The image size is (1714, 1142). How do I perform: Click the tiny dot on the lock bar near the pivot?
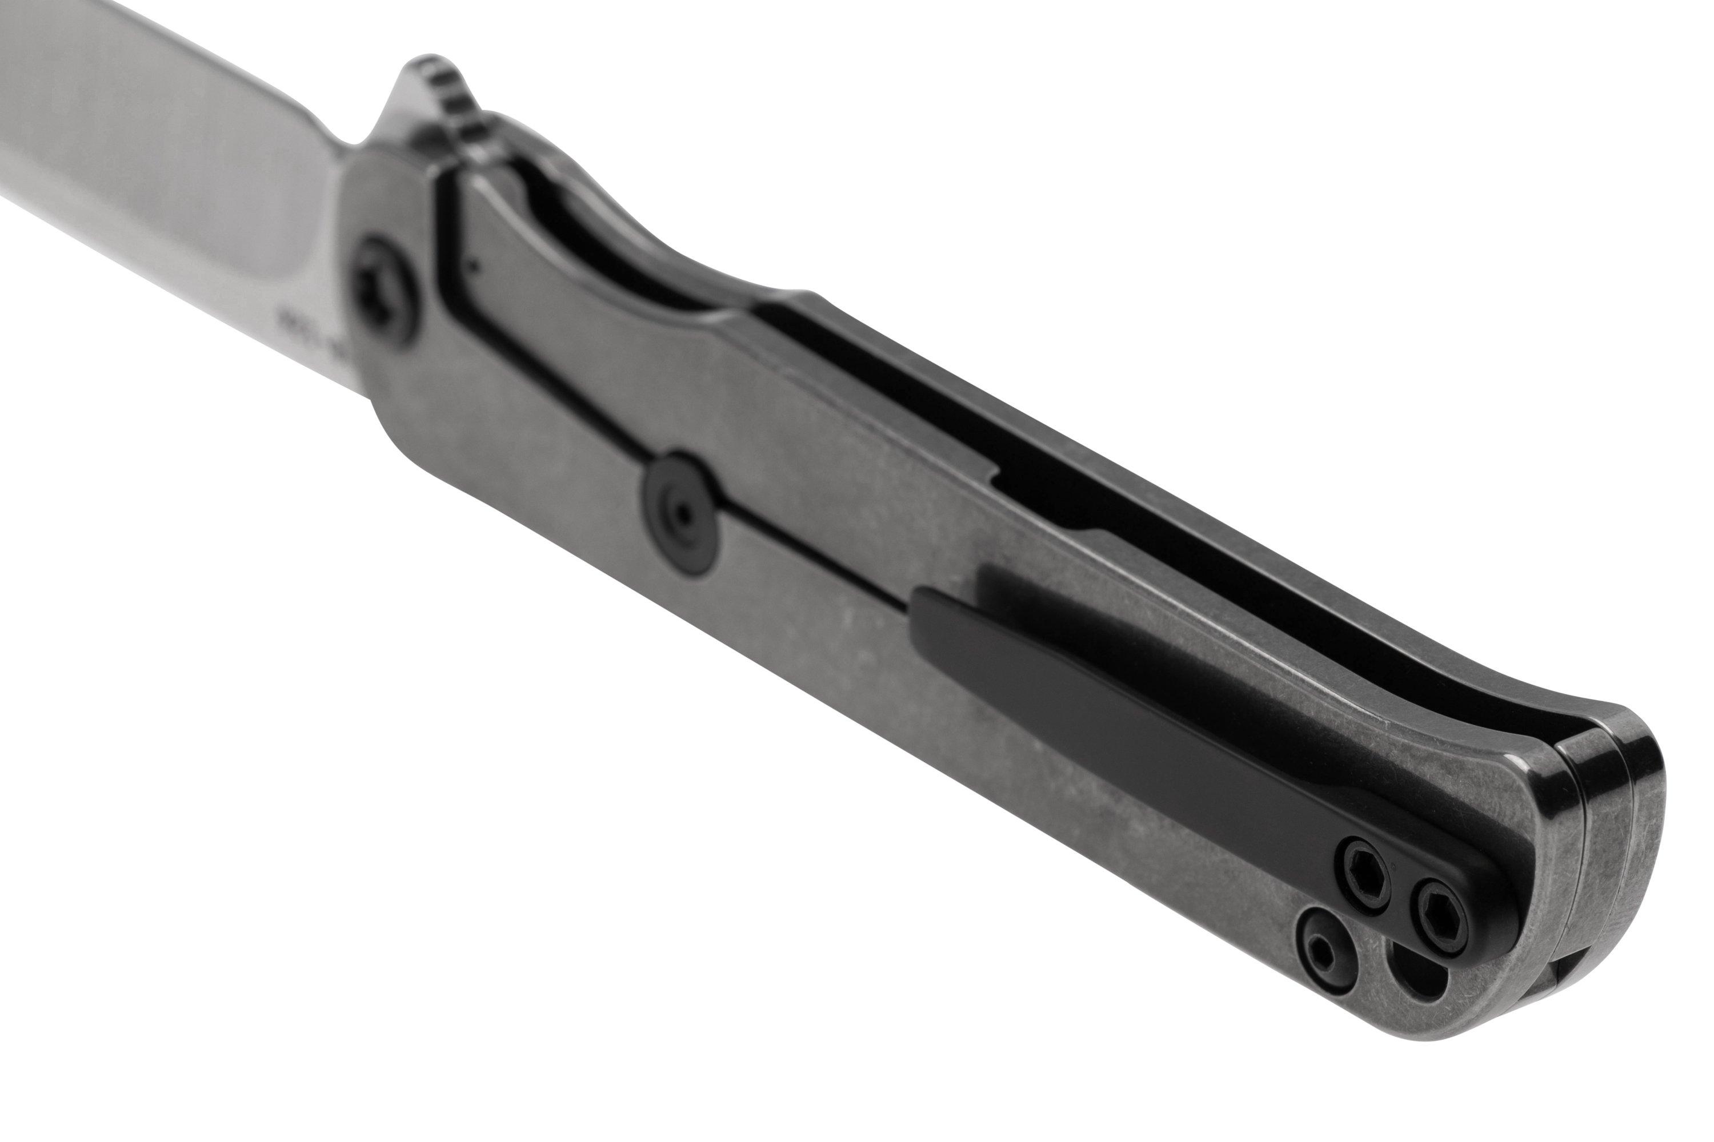(x=474, y=266)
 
